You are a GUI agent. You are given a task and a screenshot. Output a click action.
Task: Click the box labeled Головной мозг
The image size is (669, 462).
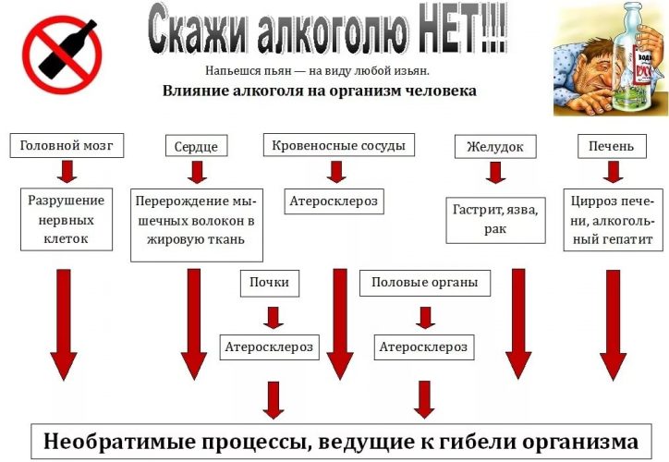coord(67,145)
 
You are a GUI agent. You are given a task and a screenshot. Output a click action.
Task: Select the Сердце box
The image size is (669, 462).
coord(196,146)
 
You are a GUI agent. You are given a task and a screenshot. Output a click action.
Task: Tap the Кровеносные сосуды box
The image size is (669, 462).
coord(338,145)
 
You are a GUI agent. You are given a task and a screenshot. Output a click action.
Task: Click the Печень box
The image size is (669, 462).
coord(612,145)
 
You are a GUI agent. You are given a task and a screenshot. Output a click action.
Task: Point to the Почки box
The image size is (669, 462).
coord(270,283)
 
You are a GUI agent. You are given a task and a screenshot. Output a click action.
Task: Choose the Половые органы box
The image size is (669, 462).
coord(425,283)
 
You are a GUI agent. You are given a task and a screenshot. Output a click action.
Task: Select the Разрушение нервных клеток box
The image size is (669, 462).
coord(67,219)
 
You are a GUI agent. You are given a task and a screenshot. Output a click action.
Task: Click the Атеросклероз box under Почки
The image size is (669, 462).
coord(270,346)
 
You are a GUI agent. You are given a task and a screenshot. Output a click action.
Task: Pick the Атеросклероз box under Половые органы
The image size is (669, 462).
coord(424,346)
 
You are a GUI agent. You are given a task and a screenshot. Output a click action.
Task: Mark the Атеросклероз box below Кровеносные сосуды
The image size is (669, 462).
coord(334,201)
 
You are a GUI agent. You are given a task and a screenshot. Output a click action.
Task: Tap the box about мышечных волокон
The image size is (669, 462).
coord(197,225)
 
